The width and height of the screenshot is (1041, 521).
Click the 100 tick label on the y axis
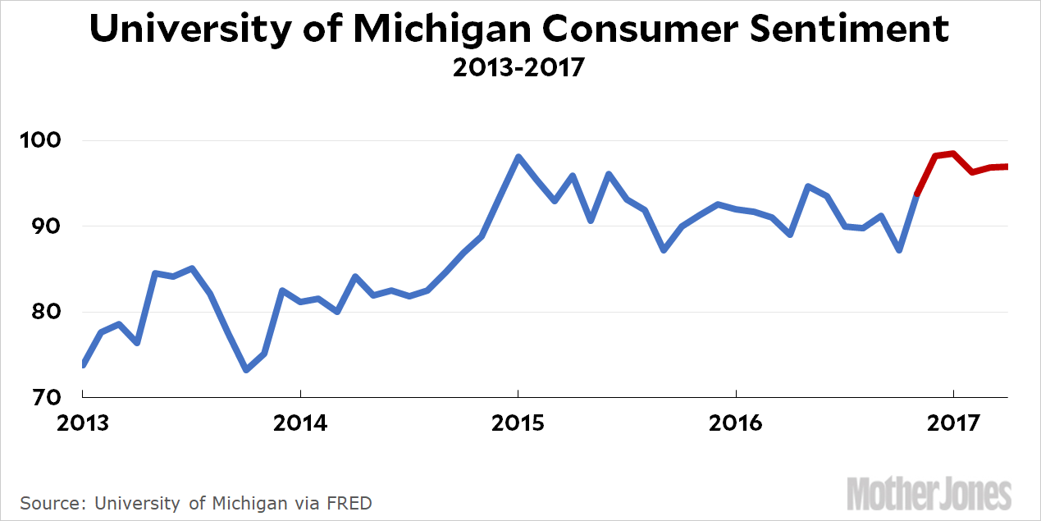(x=40, y=140)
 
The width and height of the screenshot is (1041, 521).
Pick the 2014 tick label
(x=301, y=424)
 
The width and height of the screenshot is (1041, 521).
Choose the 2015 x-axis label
(x=518, y=424)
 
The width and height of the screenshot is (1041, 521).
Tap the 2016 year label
(x=736, y=424)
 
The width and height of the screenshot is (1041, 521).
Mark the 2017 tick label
(x=953, y=424)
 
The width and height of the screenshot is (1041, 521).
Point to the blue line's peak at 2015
(x=518, y=156)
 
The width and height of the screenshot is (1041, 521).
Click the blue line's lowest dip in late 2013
(x=246, y=370)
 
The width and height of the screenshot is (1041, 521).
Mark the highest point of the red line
(x=952, y=153)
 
